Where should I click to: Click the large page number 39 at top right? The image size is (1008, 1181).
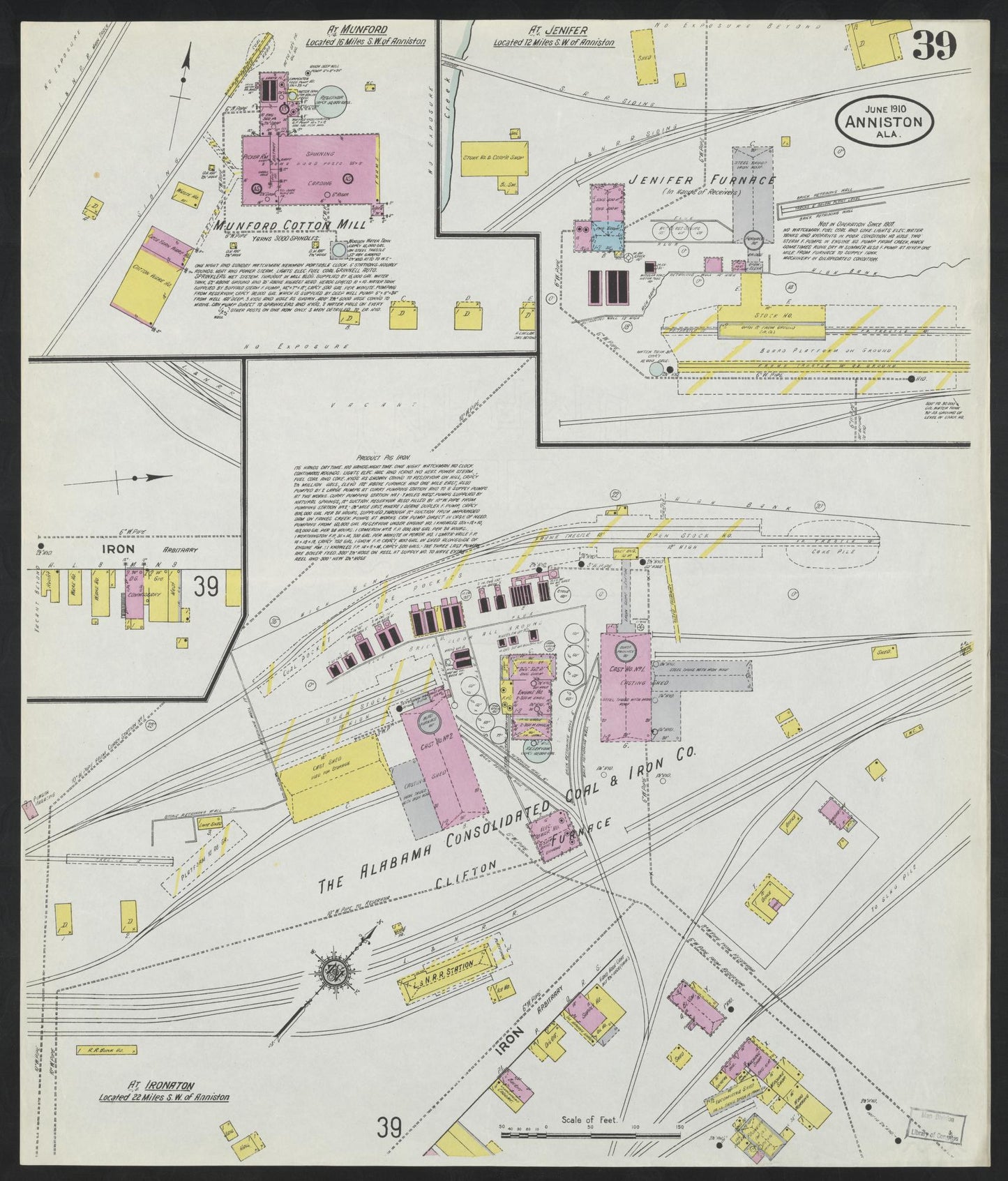[933, 47]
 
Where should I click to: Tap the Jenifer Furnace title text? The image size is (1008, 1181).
[701, 181]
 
